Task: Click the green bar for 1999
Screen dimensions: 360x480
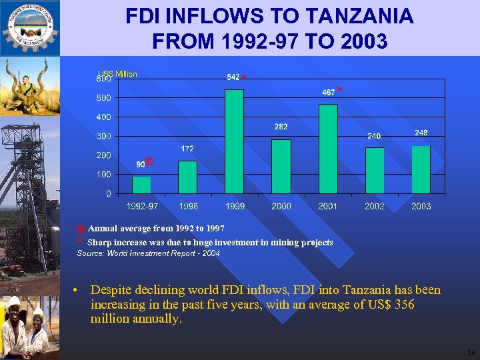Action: pos(234,141)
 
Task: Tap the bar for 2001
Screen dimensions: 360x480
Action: pos(328,149)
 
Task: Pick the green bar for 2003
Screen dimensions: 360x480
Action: pos(421,169)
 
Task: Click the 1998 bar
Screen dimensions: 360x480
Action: pos(187,177)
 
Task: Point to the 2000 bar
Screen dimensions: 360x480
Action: pos(281,166)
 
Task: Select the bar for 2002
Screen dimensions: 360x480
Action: pos(375,170)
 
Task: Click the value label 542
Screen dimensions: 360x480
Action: pos(233,77)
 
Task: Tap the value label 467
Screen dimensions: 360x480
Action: pos(328,93)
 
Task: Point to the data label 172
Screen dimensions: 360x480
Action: pos(187,149)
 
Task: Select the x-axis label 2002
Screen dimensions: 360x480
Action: pos(375,207)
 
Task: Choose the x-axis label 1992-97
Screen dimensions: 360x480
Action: pos(142,207)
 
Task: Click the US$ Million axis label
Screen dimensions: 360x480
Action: pos(117,74)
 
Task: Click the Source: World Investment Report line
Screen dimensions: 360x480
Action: pos(149,254)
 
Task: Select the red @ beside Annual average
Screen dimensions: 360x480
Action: pos(81,229)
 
